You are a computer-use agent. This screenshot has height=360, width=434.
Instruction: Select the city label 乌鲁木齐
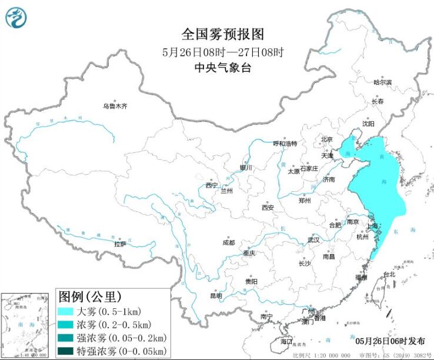click(115, 106)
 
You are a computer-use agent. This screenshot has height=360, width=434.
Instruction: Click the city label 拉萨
click(120, 244)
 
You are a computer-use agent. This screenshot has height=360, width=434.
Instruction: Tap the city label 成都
click(228, 242)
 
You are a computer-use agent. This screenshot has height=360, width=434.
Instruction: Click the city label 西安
click(268, 207)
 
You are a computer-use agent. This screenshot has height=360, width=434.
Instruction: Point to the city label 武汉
click(313, 240)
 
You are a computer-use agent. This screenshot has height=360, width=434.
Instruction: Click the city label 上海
click(372, 225)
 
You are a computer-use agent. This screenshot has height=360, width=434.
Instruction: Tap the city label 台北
click(389, 274)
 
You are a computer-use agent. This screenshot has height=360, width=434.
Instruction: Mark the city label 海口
click(286, 342)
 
